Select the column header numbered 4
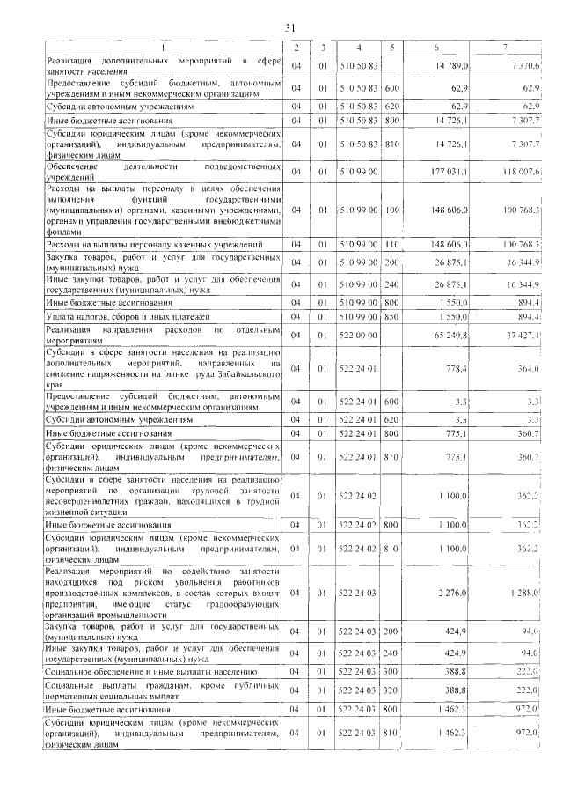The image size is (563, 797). pos(359,47)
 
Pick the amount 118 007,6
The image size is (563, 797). pos(519,171)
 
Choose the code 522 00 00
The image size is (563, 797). pos(359,336)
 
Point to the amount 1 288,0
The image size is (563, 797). pos(523,593)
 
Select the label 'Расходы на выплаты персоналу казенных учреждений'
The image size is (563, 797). pos(154,243)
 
